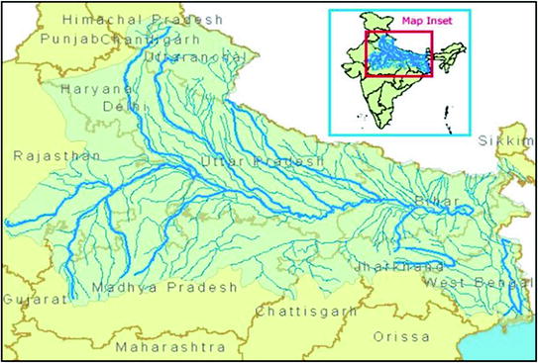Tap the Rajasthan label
(44, 155)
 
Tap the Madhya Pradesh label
(165, 287)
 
